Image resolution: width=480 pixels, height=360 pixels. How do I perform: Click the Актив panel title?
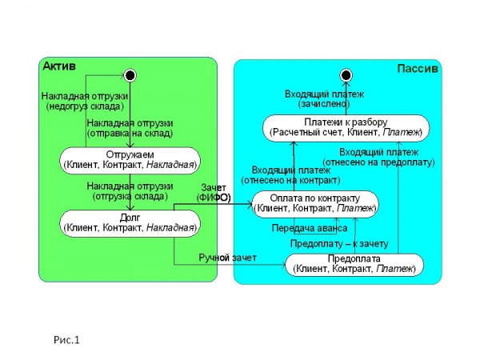coord(59,66)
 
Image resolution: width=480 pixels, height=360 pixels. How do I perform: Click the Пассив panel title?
coord(418,68)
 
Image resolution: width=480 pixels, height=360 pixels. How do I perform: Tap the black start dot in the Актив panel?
coord(130,75)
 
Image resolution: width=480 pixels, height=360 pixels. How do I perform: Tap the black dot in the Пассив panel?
coord(346,75)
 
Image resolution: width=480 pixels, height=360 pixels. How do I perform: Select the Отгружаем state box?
coord(130,161)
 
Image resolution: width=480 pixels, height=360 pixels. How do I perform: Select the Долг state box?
coord(130,223)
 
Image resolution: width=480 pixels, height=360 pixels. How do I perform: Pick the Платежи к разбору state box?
coord(346,128)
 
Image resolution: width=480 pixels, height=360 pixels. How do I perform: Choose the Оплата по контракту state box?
coord(315,204)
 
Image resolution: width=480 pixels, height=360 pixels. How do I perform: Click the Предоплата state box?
coord(354,265)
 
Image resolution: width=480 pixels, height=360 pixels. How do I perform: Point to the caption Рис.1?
coord(66,340)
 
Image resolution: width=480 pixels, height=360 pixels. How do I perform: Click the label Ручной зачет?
coord(227,258)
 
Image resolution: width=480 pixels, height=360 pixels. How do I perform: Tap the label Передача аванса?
coord(310,228)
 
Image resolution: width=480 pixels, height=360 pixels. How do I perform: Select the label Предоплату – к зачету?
coord(339,244)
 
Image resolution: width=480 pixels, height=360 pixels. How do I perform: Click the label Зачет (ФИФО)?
coord(214,193)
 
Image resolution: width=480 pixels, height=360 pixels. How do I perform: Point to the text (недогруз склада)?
coord(85,106)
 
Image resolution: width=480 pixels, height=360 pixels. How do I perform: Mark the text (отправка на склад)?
coord(130,134)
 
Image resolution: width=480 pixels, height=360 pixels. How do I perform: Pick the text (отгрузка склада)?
coord(130,196)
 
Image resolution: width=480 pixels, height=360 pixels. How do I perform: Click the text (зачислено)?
coord(324,104)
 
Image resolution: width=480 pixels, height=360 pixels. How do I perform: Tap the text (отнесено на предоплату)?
coord(378,162)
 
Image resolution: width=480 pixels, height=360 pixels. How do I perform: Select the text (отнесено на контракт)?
coord(291,180)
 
